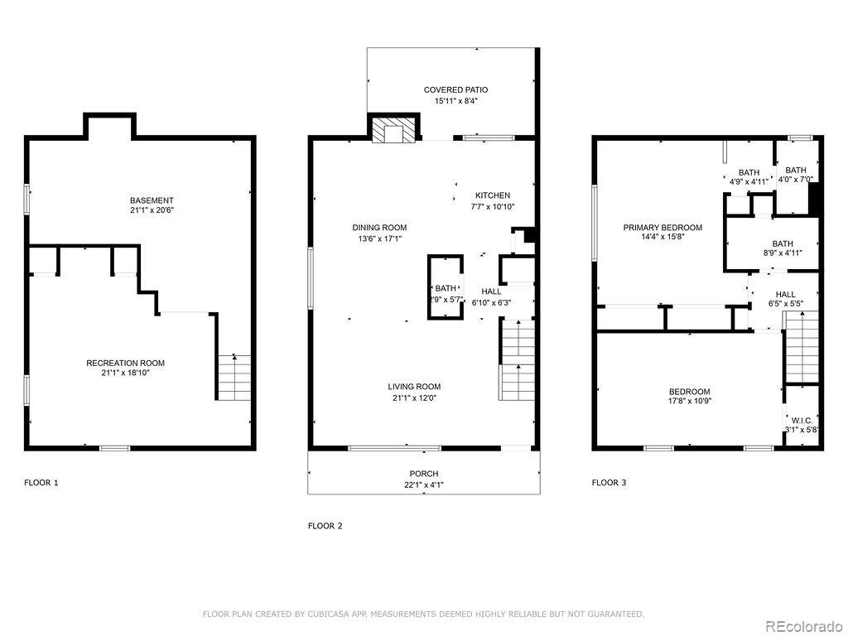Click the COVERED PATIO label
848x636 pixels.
pyautogui.click(x=455, y=89)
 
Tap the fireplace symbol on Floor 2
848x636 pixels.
pyautogui.click(x=390, y=131)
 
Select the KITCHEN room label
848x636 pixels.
pyautogui.click(x=492, y=195)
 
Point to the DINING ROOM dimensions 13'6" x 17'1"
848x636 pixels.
pyautogui.click(x=379, y=239)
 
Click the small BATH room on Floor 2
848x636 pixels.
pyautogui.click(x=445, y=288)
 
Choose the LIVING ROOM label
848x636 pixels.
pyautogui.click(x=414, y=387)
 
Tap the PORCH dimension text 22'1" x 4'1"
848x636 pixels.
pyautogui.click(x=423, y=485)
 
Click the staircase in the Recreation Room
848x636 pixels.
pyautogui.click(x=234, y=378)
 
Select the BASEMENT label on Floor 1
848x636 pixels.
pyautogui.click(x=152, y=200)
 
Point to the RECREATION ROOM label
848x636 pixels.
pyautogui.click(x=125, y=363)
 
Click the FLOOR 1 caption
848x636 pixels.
pyautogui.click(x=41, y=482)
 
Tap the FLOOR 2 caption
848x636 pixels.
pyautogui.click(x=325, y=525)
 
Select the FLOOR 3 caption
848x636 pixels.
pyautogui.click(x=609, y=482)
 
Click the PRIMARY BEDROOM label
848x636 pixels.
pyautogui.click(x=662, y=228)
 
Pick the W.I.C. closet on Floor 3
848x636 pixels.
pyautogui.click(x=802, y=421)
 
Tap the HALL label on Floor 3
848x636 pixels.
pyautogui.click(x=785, y=294)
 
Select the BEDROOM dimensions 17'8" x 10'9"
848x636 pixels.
pyautogui.click(x=690, y=402)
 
